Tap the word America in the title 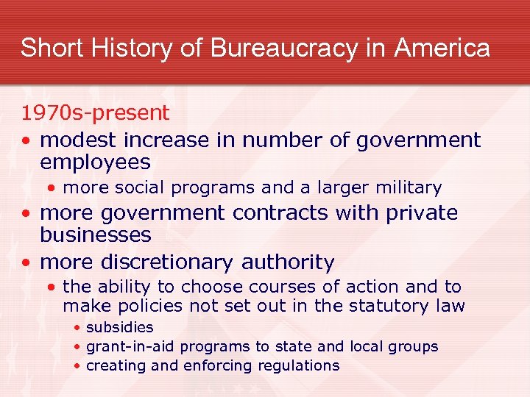(x=442, y=49)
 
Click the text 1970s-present (x=95, y=113)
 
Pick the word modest (x=81, y=140)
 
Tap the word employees (x=95, y=162)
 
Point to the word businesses (x=96, y=235)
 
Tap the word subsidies (x=119, y=327)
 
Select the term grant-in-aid (x=130, y=346)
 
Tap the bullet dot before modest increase (x=26, y=140)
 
